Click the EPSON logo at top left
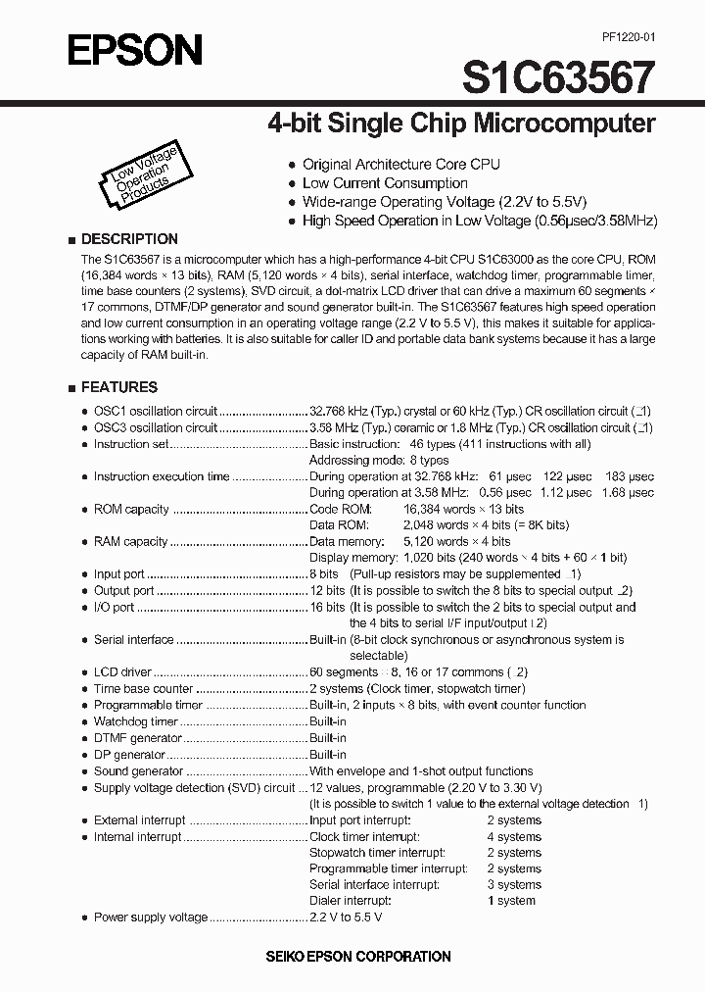click(x=134, y=49)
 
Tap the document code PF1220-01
click(x=622, y=36)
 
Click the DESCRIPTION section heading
click(x=128, y=239)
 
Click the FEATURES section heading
click(x=118, y=387)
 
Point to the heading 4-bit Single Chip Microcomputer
click(x=461, y=124)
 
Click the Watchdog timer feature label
click(x=136, y=721)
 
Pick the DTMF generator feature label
click(x=138, y=738)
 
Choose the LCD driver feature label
click(x=122, y=672)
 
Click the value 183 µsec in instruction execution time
click(x=629, y=476)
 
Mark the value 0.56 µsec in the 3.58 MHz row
click(x=509, y=493)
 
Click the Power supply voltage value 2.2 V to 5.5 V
click(x=346, y=917)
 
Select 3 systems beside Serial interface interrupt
click(x=514, y=884)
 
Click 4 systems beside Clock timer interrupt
click(x=514, y=837)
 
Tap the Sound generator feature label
click(x=138, y=771)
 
